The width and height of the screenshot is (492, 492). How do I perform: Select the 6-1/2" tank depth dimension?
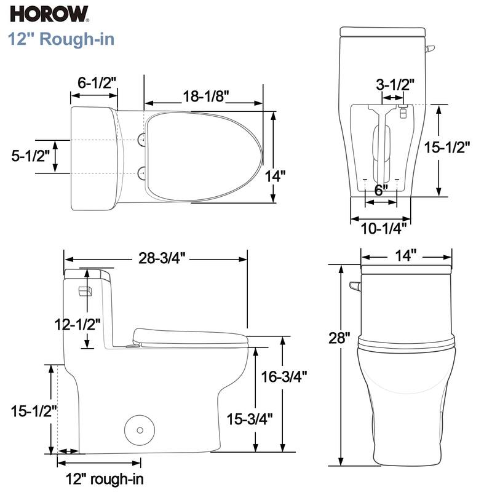[97, 83]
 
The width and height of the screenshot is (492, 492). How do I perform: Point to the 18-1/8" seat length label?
[205, 96]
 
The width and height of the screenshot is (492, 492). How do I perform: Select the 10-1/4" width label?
[383, 229]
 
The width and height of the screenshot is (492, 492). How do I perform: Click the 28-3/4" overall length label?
[157, 259]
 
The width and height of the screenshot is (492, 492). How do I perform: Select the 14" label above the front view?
[405, 255]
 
